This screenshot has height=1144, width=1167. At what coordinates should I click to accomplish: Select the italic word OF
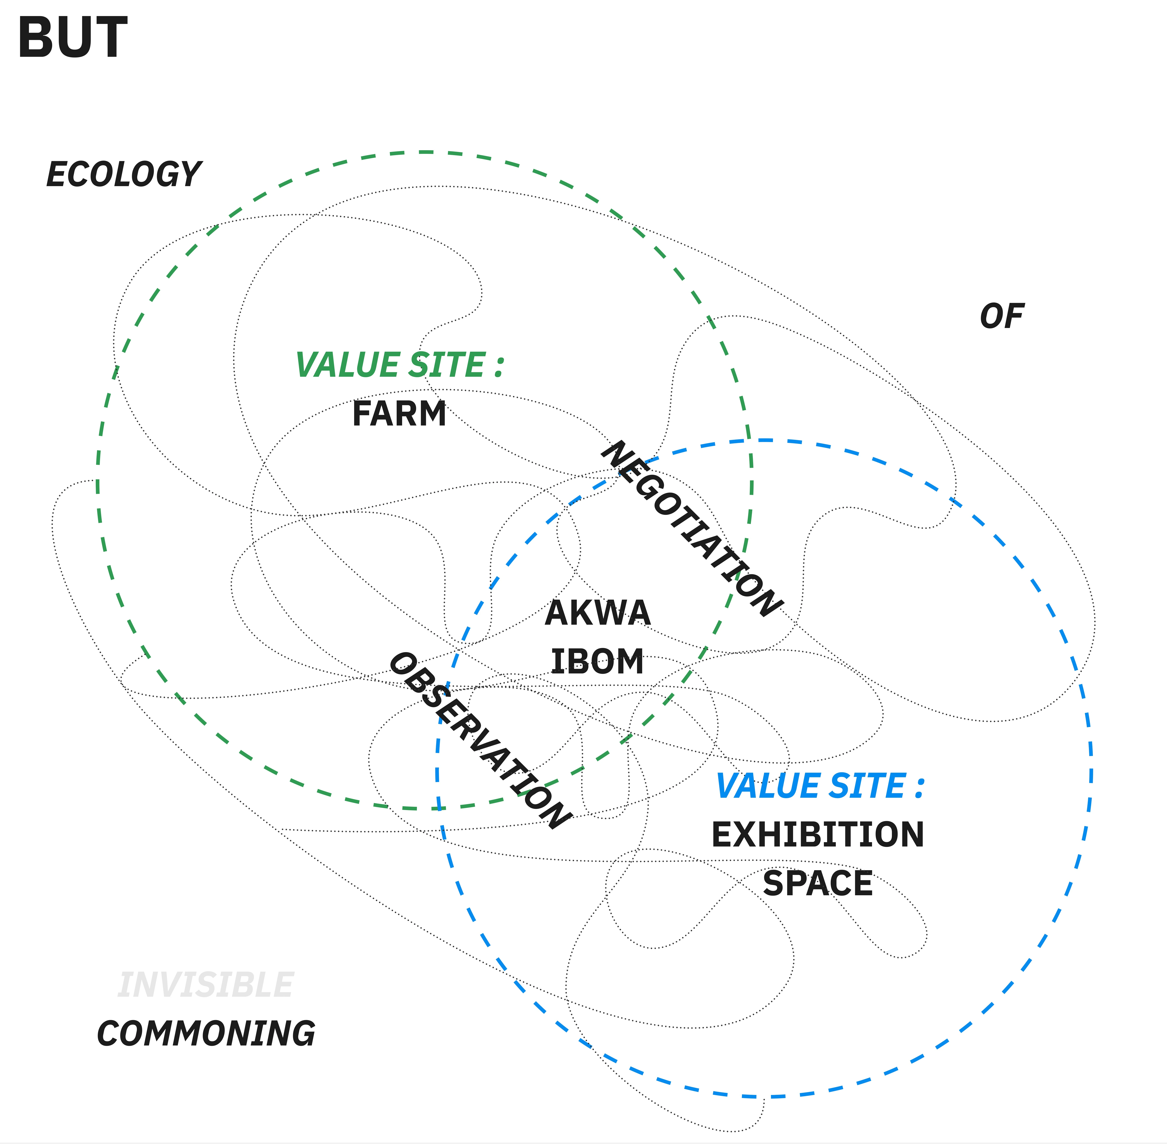click(x=1002, y=317)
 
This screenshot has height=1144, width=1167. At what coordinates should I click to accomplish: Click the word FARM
click(x=399, y=414)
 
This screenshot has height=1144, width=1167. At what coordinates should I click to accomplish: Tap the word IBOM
click(x=597, y=662)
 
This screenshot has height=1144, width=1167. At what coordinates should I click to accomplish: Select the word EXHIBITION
click(x=817, y=835)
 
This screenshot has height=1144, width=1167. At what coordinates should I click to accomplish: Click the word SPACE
click(x=817, y=883)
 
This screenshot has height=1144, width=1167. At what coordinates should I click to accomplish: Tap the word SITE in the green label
click(x=447, y=365)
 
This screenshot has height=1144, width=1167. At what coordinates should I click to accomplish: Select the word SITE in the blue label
click(x=868, y=786)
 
